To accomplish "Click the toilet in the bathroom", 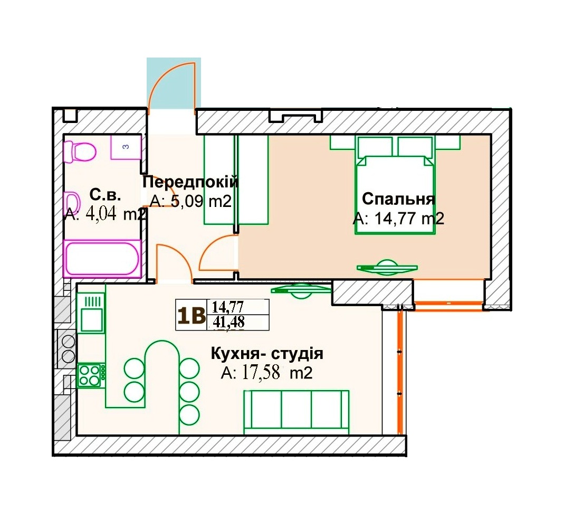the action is (x=79, y=151).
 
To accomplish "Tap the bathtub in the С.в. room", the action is (x=102, y=259).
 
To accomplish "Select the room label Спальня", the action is (x=398, y=199).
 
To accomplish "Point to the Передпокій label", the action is (x=190, y=182).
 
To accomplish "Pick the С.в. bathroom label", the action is (x=105, y=195).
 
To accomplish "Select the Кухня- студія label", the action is (x=267, y=354).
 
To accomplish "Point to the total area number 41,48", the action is (x=229, y=322).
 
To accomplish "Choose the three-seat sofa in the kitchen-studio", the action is (x=296, y=412).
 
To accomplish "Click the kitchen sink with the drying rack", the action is (x=91, y=314).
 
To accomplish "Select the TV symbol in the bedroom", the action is (x=387, y=267).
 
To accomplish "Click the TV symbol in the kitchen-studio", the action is (x=301, y=290).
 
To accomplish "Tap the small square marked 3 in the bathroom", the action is (x=126, y=147).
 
